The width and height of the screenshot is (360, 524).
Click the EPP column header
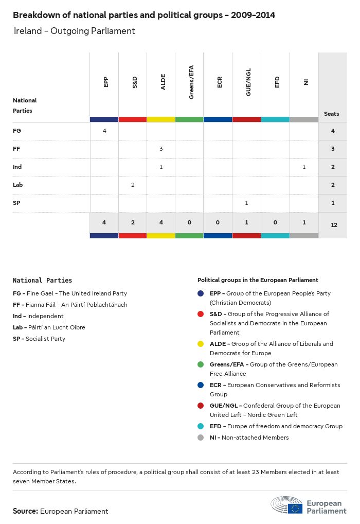[x=105, y=82]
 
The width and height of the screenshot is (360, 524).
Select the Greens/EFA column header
[x=191, y=82]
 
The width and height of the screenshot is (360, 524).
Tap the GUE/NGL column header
[x=248, y=83]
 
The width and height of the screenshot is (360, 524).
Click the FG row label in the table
[x=17, y=131]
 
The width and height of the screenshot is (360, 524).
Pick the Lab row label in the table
[x=18, y=185]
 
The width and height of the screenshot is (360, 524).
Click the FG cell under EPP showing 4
[x=104, y=131]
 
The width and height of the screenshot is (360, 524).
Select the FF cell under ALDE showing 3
[x=161, y=149]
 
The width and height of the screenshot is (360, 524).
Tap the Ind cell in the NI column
[x=304, y=167]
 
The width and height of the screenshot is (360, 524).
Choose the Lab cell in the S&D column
[x=133, y=185]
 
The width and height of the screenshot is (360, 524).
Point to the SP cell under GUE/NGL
[x=246, y=203]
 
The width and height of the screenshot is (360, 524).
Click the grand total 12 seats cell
[x=334, y=225]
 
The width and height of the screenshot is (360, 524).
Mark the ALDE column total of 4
[x=161, y=222]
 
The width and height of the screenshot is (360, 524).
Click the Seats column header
[x=332, y=114]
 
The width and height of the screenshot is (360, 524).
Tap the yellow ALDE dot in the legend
[x=201, y=344]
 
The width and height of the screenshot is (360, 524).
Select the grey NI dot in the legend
[x=201, y=438]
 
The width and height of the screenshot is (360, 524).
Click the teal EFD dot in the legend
[x=201, y=426]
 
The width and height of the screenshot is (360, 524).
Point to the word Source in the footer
[x=25, y=511]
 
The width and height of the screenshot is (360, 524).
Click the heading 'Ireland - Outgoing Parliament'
[x=74, y=31]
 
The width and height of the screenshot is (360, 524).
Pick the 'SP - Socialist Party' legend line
[x=40, y=339]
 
